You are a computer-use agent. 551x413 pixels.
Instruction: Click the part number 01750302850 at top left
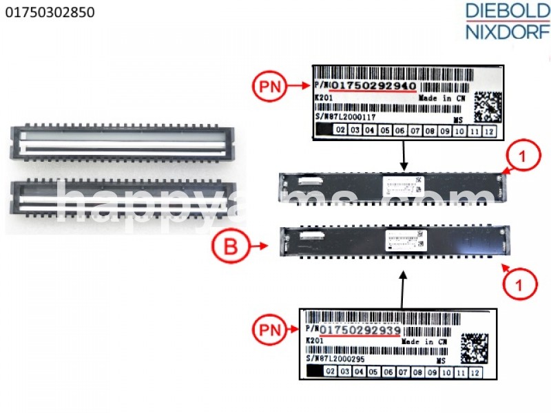(50, 12)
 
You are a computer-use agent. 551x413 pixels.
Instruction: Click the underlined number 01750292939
(360, 330)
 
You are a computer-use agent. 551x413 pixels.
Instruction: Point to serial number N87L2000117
(354, 118)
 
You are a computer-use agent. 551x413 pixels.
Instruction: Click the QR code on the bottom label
(475, 348)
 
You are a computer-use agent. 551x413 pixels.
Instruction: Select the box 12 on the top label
(490, 131)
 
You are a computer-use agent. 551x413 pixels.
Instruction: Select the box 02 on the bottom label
(331, 372)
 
